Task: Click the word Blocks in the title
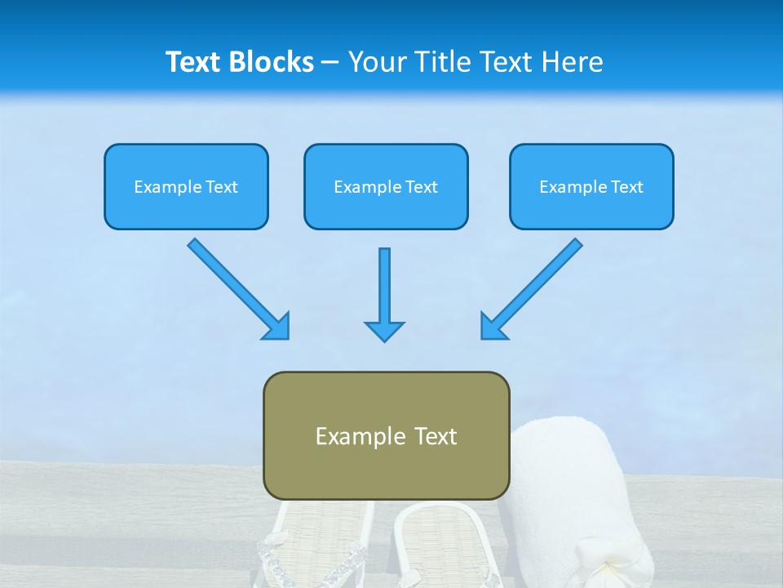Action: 272,62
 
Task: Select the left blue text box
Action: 186,186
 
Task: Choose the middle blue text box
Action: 386,186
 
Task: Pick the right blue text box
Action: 591,186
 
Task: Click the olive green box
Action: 386,435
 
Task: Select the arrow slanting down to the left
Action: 533,287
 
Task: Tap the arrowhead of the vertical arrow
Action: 384,331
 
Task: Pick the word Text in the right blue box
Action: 626,187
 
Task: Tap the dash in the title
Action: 330,63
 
